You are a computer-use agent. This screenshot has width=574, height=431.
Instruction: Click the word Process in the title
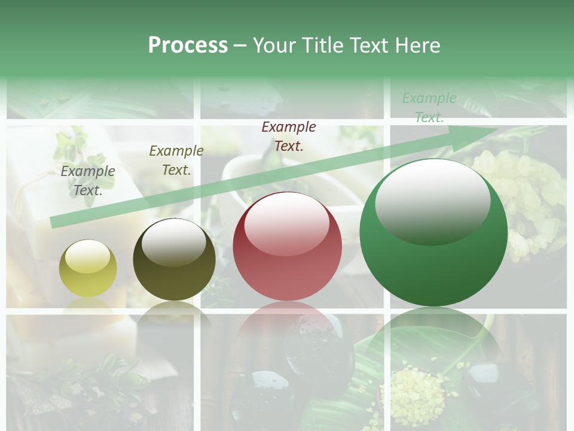click(188, 45)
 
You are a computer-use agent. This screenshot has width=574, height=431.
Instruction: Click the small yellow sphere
click(88, 269)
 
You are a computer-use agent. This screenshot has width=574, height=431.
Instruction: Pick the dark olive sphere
click(174, 260)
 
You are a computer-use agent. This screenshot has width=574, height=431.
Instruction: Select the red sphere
click(287, 246)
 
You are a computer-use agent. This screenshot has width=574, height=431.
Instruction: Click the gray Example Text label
click(88, 180)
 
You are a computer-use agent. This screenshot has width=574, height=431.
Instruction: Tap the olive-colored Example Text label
click(176, 160)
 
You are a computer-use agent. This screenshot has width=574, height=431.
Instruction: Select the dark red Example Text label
click(289, 136)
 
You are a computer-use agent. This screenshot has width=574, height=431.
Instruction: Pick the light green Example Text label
click(429, 108)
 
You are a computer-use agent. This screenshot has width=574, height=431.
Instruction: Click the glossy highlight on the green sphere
click(432, 201)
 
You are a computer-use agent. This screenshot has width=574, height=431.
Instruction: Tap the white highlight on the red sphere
click(286, 222)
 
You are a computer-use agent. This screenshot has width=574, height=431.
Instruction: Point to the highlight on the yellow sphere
click(87, 256)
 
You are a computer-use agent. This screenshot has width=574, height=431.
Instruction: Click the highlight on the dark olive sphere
click(173, 241)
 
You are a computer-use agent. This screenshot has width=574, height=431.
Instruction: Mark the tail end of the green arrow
click(53, 223)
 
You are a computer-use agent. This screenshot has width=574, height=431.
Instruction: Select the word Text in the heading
click(371, 45)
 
